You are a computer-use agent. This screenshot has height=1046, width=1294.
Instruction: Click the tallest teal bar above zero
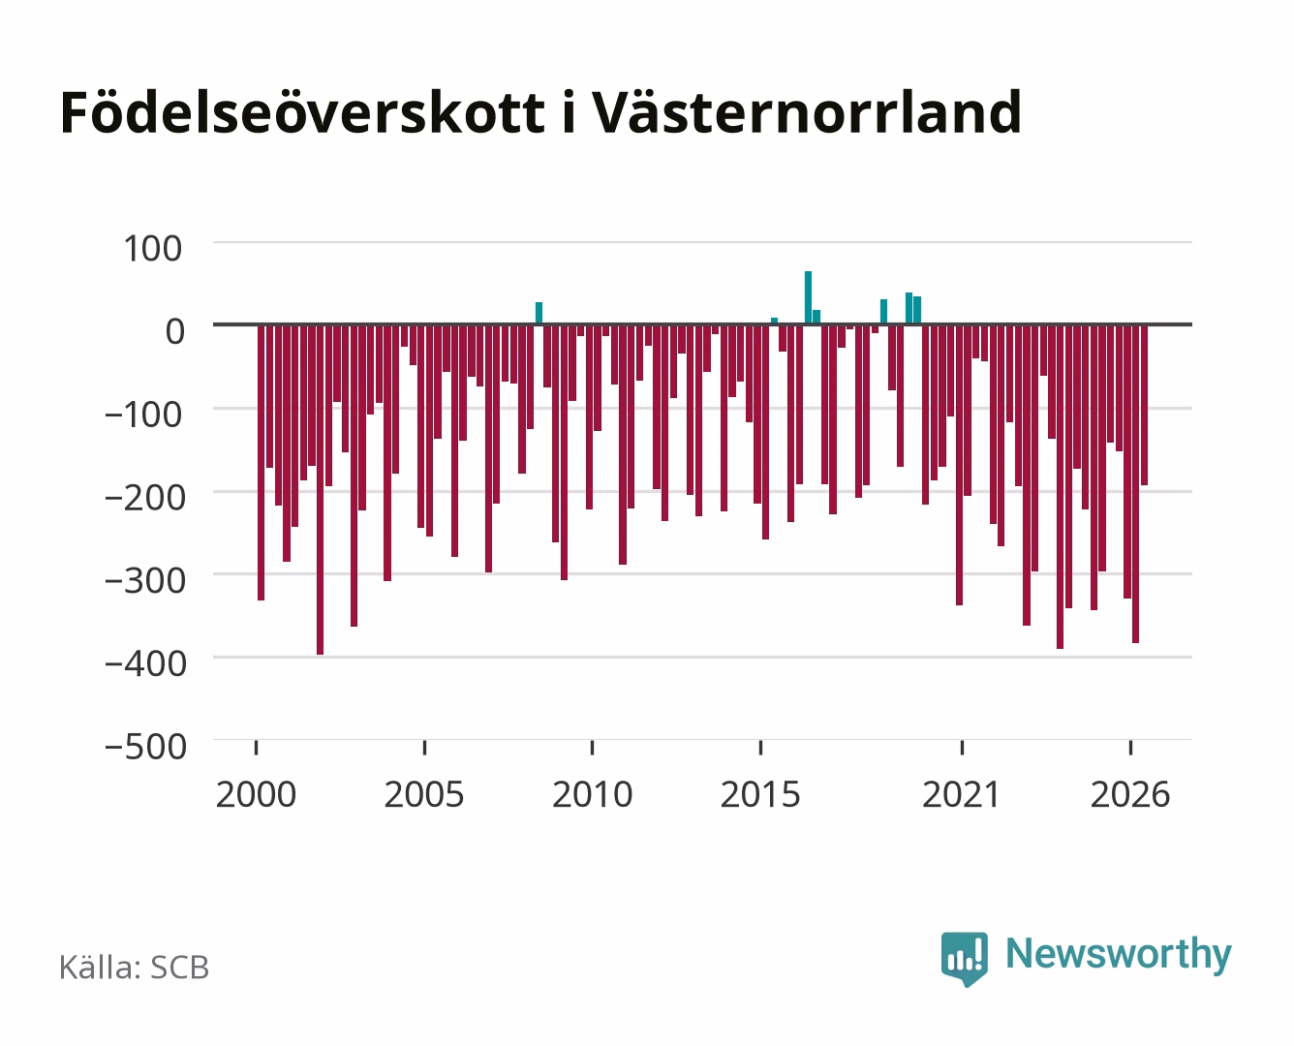coord(808,297)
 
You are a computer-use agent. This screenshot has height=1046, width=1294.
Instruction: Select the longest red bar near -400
coord(321,490)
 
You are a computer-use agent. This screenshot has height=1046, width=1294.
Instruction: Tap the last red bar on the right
coord(1144,405)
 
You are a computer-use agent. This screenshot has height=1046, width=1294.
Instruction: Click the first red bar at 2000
coord(262,463)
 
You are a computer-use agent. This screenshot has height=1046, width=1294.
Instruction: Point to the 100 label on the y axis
coord(152,249)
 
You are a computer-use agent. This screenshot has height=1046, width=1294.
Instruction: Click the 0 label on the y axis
coord(175,331)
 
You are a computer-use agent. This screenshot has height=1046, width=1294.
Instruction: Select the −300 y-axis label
coord(145,581)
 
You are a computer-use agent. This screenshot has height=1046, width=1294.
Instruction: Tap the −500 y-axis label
coord(145,747)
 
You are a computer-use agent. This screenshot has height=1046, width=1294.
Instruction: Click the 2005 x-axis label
coord(424,794)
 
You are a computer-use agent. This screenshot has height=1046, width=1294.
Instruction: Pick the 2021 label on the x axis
coord(961,794)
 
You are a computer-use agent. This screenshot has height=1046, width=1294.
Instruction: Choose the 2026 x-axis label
coord(1130,794)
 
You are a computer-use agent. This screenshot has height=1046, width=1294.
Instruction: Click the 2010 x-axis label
coord(593,794)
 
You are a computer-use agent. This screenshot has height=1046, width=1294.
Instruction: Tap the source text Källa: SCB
coord(135,968)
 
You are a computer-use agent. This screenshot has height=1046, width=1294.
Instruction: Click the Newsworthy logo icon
coord(964,959)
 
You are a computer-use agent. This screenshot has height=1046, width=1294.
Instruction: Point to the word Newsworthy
coord(1119,954)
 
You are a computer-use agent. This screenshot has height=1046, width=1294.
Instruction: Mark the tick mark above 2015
coord(760,747)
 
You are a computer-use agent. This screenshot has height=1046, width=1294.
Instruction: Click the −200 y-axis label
coord(145,498)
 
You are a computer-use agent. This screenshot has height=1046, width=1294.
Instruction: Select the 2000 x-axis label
coord(256,794)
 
